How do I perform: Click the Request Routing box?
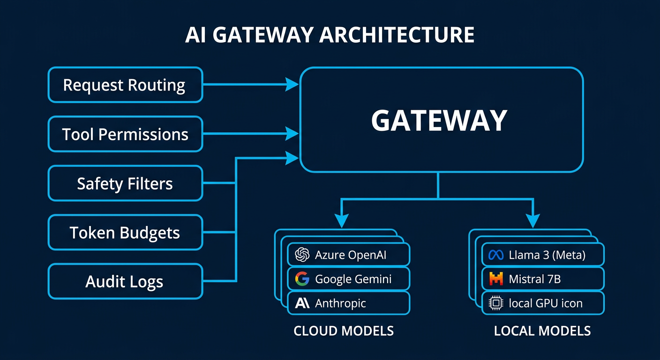pos(125,85)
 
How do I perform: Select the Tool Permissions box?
pos(125,134)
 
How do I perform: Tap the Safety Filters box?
pos(125,183)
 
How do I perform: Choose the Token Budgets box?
pos(125,232)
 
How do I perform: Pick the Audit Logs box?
pos(125,282)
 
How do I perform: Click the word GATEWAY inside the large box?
pos(439,120)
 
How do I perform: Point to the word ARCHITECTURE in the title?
pos(397,36)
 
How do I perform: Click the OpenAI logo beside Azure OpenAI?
pos(302,255)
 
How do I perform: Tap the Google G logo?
pos(302,279)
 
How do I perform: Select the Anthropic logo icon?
pos(302,303)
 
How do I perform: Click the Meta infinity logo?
pos(495,255)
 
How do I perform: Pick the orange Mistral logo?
pos(495,279)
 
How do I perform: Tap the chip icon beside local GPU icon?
pos(495,303)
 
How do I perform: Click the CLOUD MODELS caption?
pos(344,331)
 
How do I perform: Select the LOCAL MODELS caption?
pos(542,331)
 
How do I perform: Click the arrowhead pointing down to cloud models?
pos(342,220)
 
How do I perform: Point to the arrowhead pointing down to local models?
pos(532,220)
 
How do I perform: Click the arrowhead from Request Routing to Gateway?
pos(292,85)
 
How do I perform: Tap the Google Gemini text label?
pos(353,279)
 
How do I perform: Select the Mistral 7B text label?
pos(534,279)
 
